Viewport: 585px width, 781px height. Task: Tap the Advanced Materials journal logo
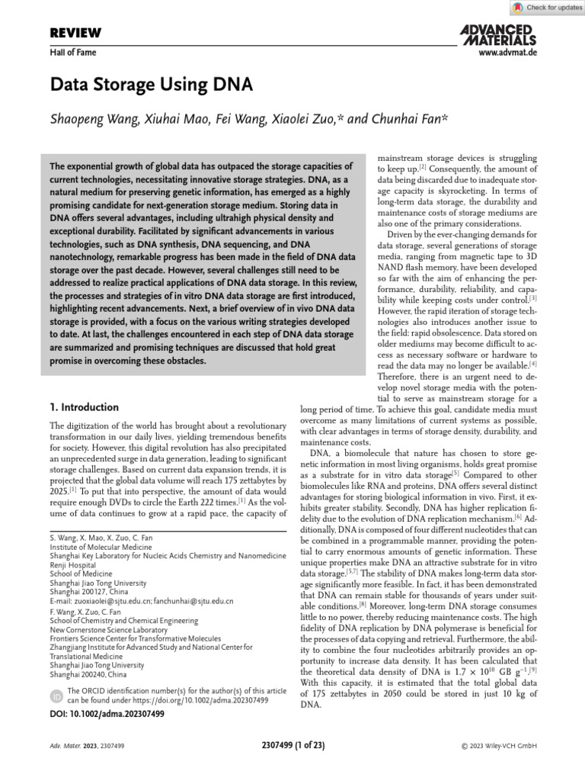(498, 34)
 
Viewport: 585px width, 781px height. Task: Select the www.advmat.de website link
(507, 53)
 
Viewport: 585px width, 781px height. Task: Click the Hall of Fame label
(72, 53)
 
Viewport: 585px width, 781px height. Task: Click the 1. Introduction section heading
(84, 407)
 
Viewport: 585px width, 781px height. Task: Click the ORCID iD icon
(56, 696)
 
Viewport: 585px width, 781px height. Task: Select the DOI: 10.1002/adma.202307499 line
(107, 714)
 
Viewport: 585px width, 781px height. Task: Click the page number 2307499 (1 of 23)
(292, 746)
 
